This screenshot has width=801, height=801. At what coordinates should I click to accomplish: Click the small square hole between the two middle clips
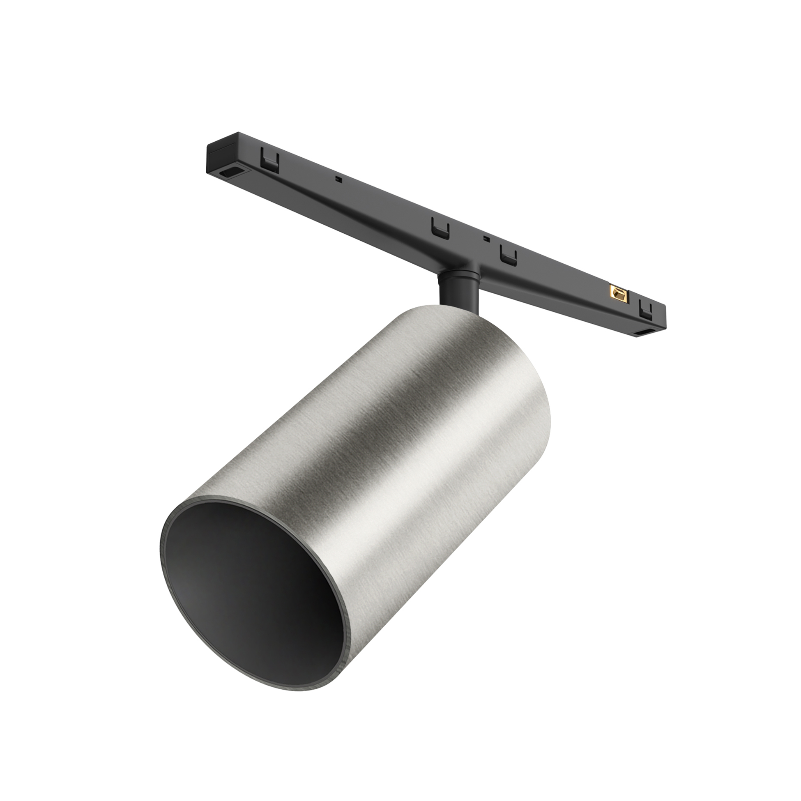tap(485, 238)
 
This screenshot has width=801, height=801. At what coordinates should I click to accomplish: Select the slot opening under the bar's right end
tap(645, 333)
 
